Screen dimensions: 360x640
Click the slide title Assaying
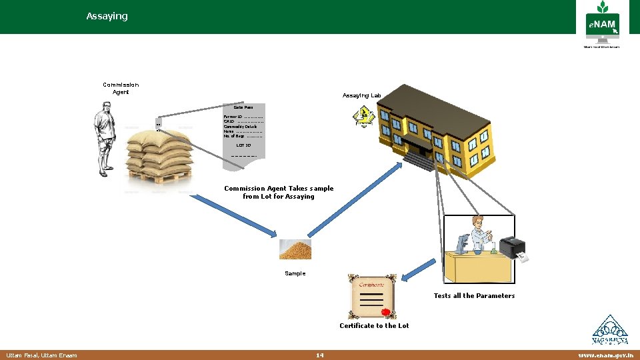[107, 16]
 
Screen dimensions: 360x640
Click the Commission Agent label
[121, 88]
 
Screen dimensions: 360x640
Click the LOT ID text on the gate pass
[243, 145]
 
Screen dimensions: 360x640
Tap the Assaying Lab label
[361, 96]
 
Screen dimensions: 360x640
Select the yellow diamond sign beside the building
[363, 118]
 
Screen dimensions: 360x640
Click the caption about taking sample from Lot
[279, 193]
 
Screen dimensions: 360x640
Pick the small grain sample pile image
[295, 249]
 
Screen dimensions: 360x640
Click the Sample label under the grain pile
[295, 273]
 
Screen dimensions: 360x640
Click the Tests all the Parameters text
[474, 296]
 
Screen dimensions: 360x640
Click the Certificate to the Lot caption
[374, 326]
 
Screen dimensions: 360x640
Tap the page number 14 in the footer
[320, 355]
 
